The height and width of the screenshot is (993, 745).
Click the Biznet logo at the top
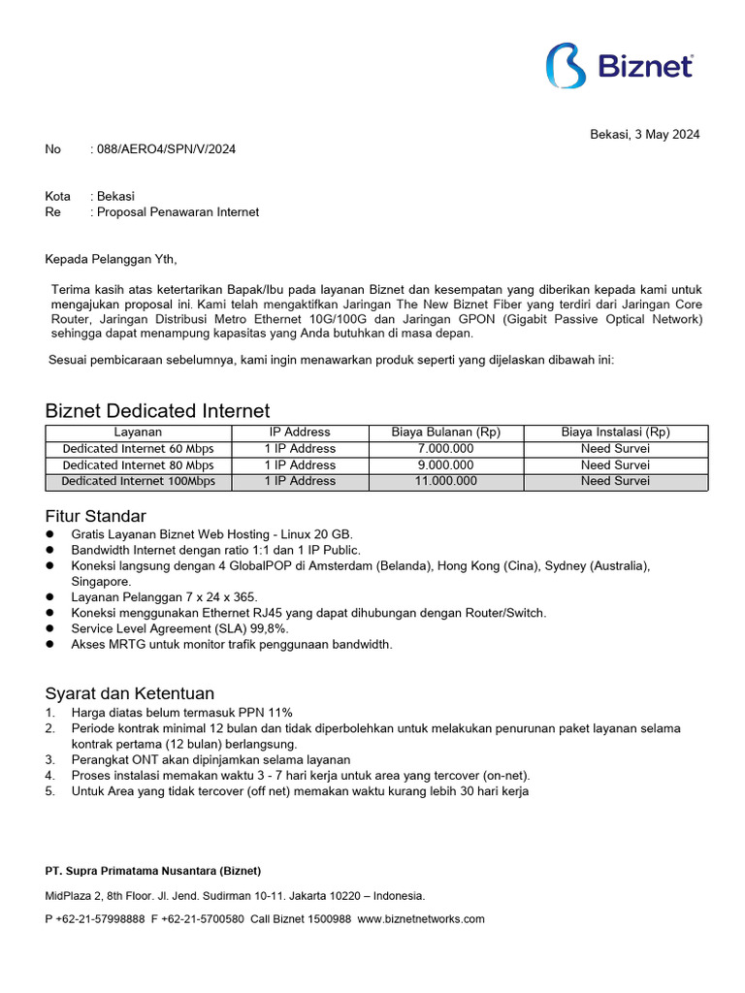pyautogui.click(x=620, y=66)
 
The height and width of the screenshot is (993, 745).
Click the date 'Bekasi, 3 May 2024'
pyautogui.click(x=645, y=135)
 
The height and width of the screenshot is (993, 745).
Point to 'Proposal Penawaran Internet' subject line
pyautogui.click(x=178, y=211)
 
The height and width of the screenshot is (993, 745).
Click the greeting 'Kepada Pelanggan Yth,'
pyautogui.click(x=112, y=259)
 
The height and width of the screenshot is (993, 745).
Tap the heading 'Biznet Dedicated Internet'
pyautogui.click(x=158, y=411)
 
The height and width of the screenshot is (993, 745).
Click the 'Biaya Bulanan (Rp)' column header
pyautogui.click(x=445, y=432)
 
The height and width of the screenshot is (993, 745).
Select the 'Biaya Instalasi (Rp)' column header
pyautogui.click(x=616, y=432)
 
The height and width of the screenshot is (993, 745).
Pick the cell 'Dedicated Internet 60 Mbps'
pyautogui.click(x=138, y=449)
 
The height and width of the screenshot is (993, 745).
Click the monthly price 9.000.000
pyautogui.click(x=445, y=465)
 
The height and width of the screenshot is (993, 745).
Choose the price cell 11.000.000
pyautogui.click(x=445, y=481)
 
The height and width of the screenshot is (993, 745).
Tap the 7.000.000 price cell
pyautogui.click(x=445, y=449)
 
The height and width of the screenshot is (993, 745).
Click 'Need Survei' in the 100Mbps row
pyautogui.click(x=616, y=481)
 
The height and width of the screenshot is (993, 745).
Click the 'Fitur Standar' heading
pyautogui.click(x=96, y=516)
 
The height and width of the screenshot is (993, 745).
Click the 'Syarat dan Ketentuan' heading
pyautogui.click(x=130, y=694)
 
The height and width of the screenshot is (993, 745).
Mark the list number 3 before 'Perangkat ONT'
pyautogui.click(x=49, y=760)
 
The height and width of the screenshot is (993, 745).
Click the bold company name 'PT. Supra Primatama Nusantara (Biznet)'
pyautogui.click(x=153, y=871)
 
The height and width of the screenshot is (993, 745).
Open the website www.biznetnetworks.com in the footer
pyautogui.click(x=421, y=919)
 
